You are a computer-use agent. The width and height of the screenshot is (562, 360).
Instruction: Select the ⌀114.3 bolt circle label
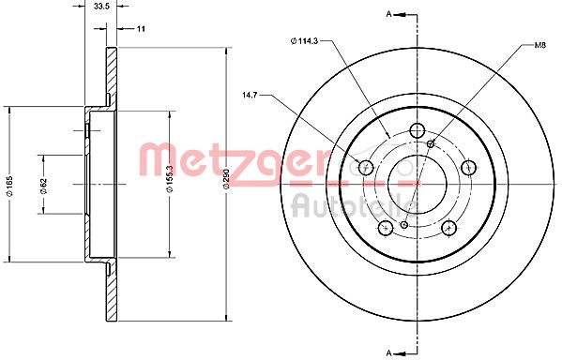pyautogui.click(x=308, y=39)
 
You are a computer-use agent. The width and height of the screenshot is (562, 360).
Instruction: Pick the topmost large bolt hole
pyautogui.click(x=418, y=130)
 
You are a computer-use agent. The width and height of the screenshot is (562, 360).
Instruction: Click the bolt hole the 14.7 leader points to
pyautogui.click(x=367, y=169)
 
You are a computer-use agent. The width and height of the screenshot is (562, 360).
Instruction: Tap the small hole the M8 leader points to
pyautogui.click(x=431, y=143)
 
